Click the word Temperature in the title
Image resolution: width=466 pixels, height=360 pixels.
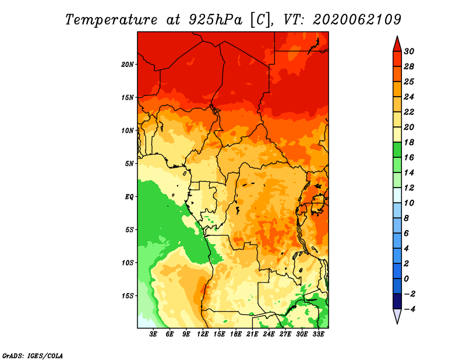coord(111,20)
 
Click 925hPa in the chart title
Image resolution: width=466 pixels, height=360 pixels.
coord(216,20)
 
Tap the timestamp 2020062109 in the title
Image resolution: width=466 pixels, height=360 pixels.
coord(357,20)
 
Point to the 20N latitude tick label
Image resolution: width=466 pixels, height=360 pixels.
coord(128,64)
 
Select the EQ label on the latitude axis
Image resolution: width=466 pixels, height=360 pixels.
coord(129,197)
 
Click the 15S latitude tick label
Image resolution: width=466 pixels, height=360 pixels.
coord(128,296)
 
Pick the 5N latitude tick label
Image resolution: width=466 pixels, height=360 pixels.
coord(129,164)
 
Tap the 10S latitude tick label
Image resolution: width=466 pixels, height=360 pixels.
coord(128,263)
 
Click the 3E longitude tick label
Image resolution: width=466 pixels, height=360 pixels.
coord(153,334)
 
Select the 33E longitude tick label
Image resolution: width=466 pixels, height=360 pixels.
coord(318,334)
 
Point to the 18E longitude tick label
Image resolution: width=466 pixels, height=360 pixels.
coord(236,334)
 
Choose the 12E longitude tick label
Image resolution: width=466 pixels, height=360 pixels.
coord(203,334)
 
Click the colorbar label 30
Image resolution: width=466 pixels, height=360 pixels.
coord(409,51)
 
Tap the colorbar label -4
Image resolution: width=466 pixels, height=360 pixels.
coord(409,309)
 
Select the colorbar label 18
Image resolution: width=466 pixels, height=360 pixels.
coord(409,142)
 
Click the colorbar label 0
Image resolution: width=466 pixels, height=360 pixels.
coord(407,279)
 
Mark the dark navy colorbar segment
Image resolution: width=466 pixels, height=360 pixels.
coord(397,301)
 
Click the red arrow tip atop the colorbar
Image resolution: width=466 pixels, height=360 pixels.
coord(397,37)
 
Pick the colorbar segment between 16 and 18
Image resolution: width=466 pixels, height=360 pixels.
coord(397,150)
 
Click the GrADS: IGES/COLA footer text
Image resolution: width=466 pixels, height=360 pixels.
coord(33,355)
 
